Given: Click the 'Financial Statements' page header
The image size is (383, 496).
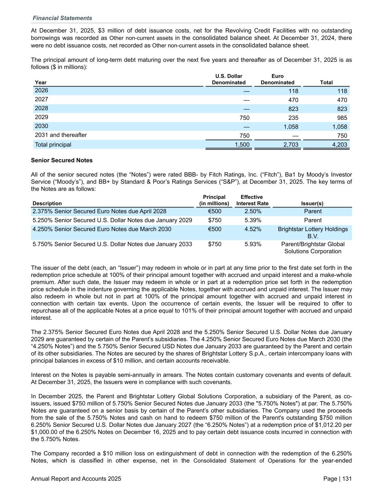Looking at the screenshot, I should [x=62, y=18].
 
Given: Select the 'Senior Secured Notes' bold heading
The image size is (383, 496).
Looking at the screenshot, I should [x=62, y=160].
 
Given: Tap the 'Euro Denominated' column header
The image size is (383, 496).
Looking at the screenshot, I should [x=277, y=79].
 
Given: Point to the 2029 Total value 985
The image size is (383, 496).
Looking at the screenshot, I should [x=342, y=118].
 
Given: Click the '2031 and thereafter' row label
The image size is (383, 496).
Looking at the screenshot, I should [x=61, y=135].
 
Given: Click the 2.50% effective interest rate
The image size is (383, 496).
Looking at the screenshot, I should [x=253, y=211].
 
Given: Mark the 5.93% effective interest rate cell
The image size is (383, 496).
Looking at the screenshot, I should [x=253, y=244].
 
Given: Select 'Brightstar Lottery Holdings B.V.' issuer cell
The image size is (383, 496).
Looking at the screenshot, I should [x=313, y=233].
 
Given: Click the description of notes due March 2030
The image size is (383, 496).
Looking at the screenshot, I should [x=102, y=229].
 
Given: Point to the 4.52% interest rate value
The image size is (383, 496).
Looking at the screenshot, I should [x=253, y=229].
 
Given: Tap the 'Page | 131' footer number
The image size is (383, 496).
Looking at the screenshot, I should [x=337, y=479].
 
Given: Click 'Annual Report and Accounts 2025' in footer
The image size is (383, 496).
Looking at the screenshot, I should [x=76, y=479].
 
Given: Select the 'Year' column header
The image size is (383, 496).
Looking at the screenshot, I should [x=41, y=82].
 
